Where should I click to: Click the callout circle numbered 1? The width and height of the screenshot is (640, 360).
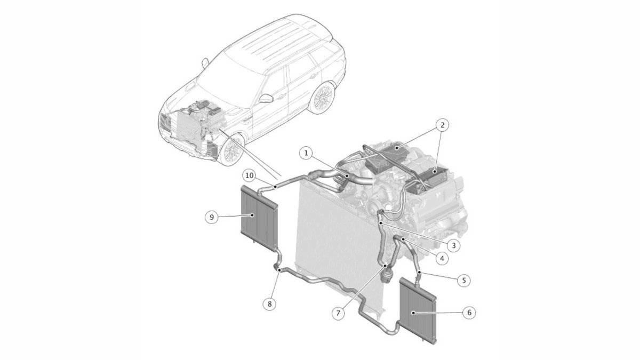[x=306, y=153]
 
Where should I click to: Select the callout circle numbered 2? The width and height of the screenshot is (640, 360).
[x=442, y=125]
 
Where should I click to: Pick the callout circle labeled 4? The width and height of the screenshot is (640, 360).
[x=442, y=258]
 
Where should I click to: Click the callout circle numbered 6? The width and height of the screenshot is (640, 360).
[x=469, y=313]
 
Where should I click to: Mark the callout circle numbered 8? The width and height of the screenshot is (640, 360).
[x=270, y=303]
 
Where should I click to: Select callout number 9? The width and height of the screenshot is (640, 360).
[x=212, y=217]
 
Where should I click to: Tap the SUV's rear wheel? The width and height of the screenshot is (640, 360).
[x=323, y=98]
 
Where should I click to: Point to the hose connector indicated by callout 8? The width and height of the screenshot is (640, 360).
[x=279, y=270]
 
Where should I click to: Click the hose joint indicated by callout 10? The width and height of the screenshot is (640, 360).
[x=275, y=186]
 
